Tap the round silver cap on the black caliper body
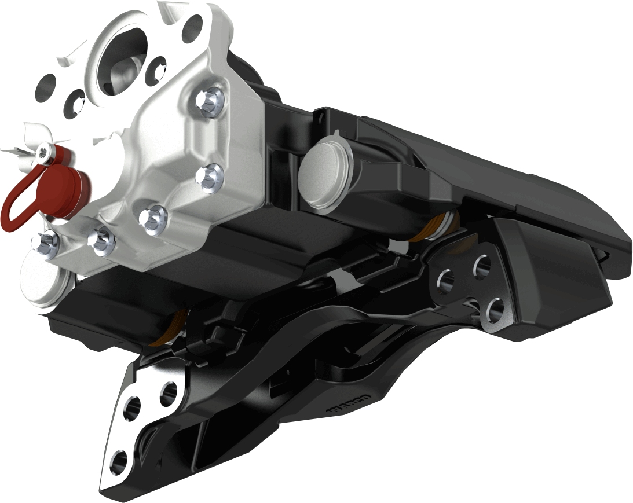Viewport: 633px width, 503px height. tap(323, 172)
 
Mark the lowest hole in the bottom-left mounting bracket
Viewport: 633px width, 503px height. tap(119, 460)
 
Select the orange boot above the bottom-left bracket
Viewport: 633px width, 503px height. tap(174, 327)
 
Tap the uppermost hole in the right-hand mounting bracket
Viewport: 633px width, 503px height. tap(482, 266)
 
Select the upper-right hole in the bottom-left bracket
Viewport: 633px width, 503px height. tap(169, 393)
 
